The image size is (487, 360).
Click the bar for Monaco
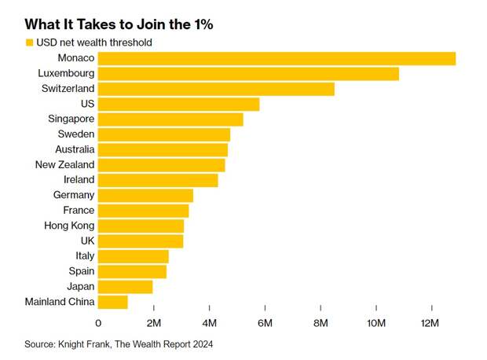click(x=276, y=59)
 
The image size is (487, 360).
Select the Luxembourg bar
click(x=248, y=74)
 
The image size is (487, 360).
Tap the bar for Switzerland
click(x=216, y=89)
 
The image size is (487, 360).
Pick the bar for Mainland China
click(x=112, y=302)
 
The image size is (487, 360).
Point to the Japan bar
click(x=125, y=287)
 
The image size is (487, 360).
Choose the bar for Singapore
click(x=170, y=119)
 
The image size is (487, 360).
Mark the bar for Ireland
click(x=158, y=180)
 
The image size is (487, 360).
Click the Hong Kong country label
click(x=71, y=226)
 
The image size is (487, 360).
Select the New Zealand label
click(x=64, y=165)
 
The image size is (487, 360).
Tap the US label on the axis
click(x=87, y=104)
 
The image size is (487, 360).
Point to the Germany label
click(x=74, y=195)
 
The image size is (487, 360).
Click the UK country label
click(x=87, y=241)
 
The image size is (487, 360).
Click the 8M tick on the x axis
click(x=320, y=323)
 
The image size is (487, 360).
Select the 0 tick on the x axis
click(x=98, y=323)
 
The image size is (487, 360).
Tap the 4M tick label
click(x=209, y=323)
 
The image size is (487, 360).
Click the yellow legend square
click(x=29, y=42)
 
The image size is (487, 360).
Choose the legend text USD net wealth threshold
click(x=94, y=42)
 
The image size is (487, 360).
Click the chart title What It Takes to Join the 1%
click(x=119, y=24)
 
